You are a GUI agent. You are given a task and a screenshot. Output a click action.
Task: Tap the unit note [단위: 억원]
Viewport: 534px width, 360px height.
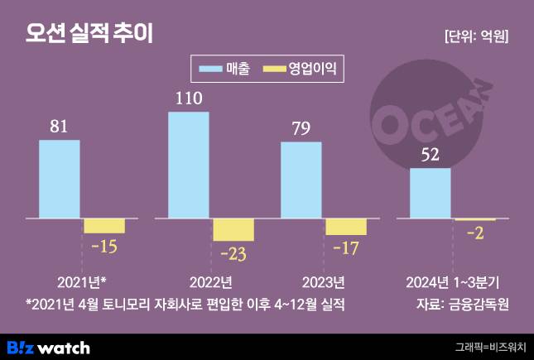coord(476,36)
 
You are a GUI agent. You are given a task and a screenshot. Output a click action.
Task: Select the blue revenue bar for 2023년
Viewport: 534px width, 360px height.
coord(301,180)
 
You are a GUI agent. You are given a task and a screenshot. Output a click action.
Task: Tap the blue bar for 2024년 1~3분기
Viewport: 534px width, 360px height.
coord(431,194)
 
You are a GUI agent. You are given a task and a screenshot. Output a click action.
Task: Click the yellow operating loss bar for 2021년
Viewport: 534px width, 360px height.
coord(104,226)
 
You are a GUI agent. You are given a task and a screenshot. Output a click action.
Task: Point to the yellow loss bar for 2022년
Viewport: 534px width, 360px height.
coord(233,230)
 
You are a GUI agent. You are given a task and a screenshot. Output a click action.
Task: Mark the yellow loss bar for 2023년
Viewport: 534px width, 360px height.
coord(346,227)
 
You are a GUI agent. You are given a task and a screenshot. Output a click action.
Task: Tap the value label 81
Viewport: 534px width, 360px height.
coord(60,127)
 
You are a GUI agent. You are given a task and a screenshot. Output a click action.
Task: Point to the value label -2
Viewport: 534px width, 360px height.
coord(476,233)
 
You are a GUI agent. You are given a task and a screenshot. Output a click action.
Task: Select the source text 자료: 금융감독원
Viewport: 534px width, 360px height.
coord(462,303)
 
